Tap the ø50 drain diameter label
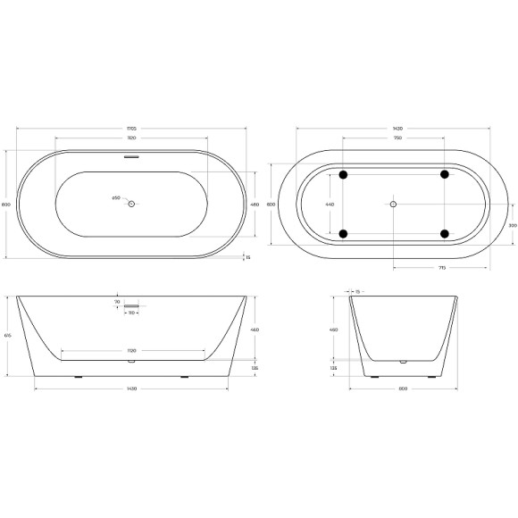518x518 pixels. [116, 198]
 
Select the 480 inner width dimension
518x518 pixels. [255, 205]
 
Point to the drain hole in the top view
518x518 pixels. [131, 205]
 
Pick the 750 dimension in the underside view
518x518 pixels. [394, 138]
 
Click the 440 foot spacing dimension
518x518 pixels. [329, 205]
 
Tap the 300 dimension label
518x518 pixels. [512, 225]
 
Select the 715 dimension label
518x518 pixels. [440, 270]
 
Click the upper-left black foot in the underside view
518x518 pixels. [343, 174]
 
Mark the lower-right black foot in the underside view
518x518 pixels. [444, 234]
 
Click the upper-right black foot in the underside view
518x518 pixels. [444, 174]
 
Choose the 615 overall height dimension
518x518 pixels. [8, 335]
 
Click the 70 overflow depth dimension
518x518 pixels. [117, 303]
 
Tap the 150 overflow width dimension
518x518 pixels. [131, 313]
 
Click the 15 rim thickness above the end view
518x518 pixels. [357, 291]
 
